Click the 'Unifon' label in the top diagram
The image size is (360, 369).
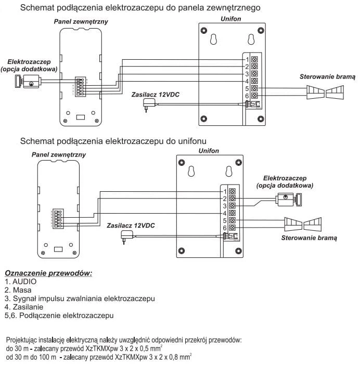pos(230,19)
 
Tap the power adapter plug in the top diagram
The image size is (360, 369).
pos(149,104)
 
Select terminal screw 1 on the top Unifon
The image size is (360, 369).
pos(254,59)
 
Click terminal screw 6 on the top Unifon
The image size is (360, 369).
pos(254,96)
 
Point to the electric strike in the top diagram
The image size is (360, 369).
pos(28,81)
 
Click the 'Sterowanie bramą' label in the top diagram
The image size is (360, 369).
pos(327,77)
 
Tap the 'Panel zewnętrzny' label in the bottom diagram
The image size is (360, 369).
pos(59,154)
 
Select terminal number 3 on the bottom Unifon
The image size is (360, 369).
pos(225,206)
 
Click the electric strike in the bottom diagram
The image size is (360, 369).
pos(289,200)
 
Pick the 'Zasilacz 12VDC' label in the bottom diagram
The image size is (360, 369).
pos(131,226)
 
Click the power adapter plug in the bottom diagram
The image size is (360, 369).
pos(127,237)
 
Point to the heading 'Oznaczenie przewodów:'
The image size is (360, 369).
pos(48,273)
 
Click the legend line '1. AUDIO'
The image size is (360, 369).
pos(20,282)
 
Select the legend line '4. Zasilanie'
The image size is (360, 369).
pos(24,307)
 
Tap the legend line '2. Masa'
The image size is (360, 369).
pos(18,290)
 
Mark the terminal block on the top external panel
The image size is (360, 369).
pos(79,86)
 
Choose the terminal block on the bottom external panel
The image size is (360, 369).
pos(58,218)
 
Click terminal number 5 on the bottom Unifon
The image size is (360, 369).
pos(225,220)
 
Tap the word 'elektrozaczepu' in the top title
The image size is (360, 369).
pos(134,8)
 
